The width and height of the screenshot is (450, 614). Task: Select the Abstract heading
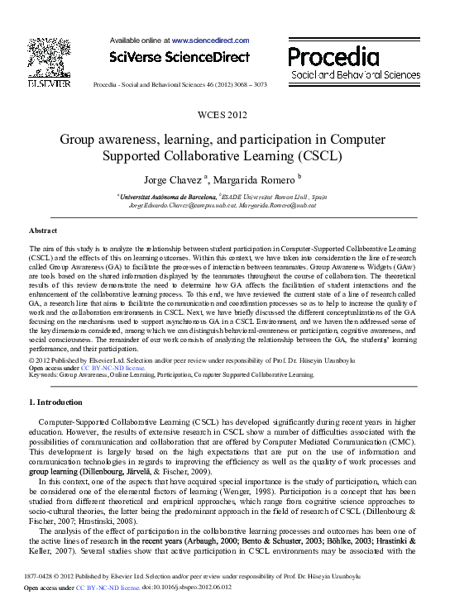point(42,231)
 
